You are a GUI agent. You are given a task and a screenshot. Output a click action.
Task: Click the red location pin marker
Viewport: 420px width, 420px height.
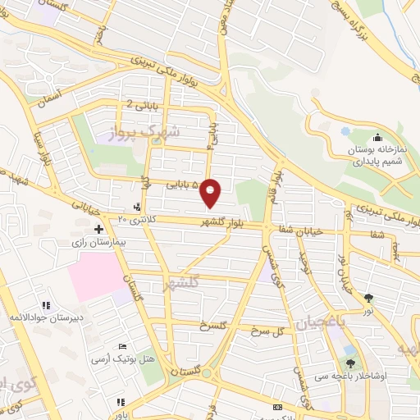tap(212, 193)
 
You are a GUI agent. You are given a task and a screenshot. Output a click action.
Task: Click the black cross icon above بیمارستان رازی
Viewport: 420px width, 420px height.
tap(99, 229)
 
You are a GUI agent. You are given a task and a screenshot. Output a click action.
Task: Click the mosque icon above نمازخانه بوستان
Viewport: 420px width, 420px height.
tap(377, 137)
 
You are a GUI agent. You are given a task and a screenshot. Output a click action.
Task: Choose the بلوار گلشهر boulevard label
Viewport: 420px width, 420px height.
tap(228, 222)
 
